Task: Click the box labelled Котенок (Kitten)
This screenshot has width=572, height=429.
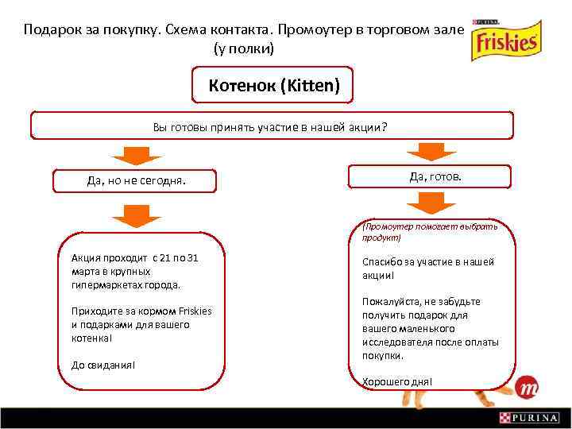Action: [274, 85]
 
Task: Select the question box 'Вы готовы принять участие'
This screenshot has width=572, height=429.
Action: [271, 126]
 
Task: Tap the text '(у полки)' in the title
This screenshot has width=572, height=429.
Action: [243, 48]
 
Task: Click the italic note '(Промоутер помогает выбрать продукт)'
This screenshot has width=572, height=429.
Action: [429, 231]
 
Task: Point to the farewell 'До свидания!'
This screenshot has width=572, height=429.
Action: [102, 365]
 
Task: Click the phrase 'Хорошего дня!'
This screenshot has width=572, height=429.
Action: [397, 382]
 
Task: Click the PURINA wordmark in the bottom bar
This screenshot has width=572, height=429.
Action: [536, 418]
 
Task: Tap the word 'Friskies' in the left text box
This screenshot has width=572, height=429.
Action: [195, 311]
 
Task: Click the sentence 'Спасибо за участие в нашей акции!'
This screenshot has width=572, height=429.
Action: [427, 268]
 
